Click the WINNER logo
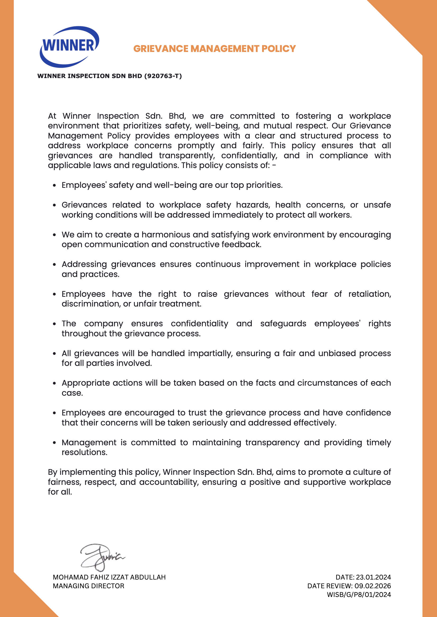[69, 46]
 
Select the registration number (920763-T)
[163, 76]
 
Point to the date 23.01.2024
[373, 577]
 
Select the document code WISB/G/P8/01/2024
[359, 595]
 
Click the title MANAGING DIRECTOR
[89, 586]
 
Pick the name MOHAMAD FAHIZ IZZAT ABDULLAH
[109, 577]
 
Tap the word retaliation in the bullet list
[369, 294]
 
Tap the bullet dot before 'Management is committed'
[54, 443]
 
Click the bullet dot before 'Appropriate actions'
[54, 383]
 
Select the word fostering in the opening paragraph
[313, 116]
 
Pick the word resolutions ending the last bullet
[84, 453]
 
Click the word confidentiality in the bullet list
[199, 324]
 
